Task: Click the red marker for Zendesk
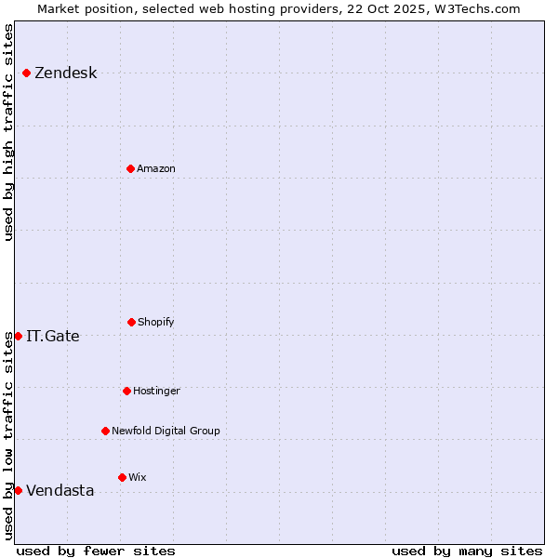coord(26,73)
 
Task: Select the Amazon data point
coord(130,168)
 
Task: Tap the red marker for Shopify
coord(131,322)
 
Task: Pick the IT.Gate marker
coord(18,336)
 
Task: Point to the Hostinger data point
coord(126,391)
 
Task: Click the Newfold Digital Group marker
coord(105,431)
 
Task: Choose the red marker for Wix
coord(122,477)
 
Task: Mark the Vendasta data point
coord(18,490)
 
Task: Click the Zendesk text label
coord(65,73)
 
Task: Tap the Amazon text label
coord(156,169)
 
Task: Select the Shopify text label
coord(156,323)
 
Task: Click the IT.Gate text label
coord(53,337)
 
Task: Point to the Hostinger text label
coord(156,392)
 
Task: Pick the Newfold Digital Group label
coord(166,432)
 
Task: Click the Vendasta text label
coord(60,491)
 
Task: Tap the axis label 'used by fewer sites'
coord(96,551)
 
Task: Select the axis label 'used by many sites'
coord(467,551)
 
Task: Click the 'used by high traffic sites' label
coord(8,132)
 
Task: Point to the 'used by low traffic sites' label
coord(8,436)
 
